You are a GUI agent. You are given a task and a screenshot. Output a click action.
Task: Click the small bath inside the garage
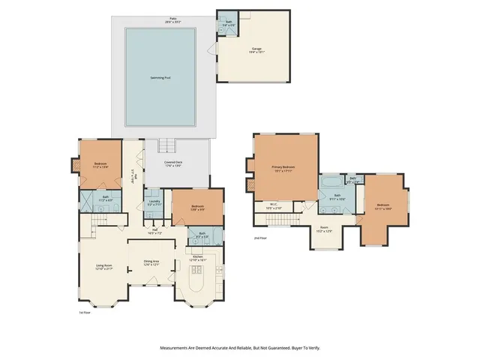(228, 23)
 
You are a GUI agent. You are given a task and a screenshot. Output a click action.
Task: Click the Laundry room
(155, 202)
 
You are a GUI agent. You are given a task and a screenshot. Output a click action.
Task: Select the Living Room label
(103, 266)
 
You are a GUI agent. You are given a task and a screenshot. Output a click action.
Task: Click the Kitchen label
(199, 257)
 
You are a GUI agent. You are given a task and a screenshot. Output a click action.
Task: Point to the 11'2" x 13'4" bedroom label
(100, 165)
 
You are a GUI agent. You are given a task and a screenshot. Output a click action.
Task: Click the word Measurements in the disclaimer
(177, 348)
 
